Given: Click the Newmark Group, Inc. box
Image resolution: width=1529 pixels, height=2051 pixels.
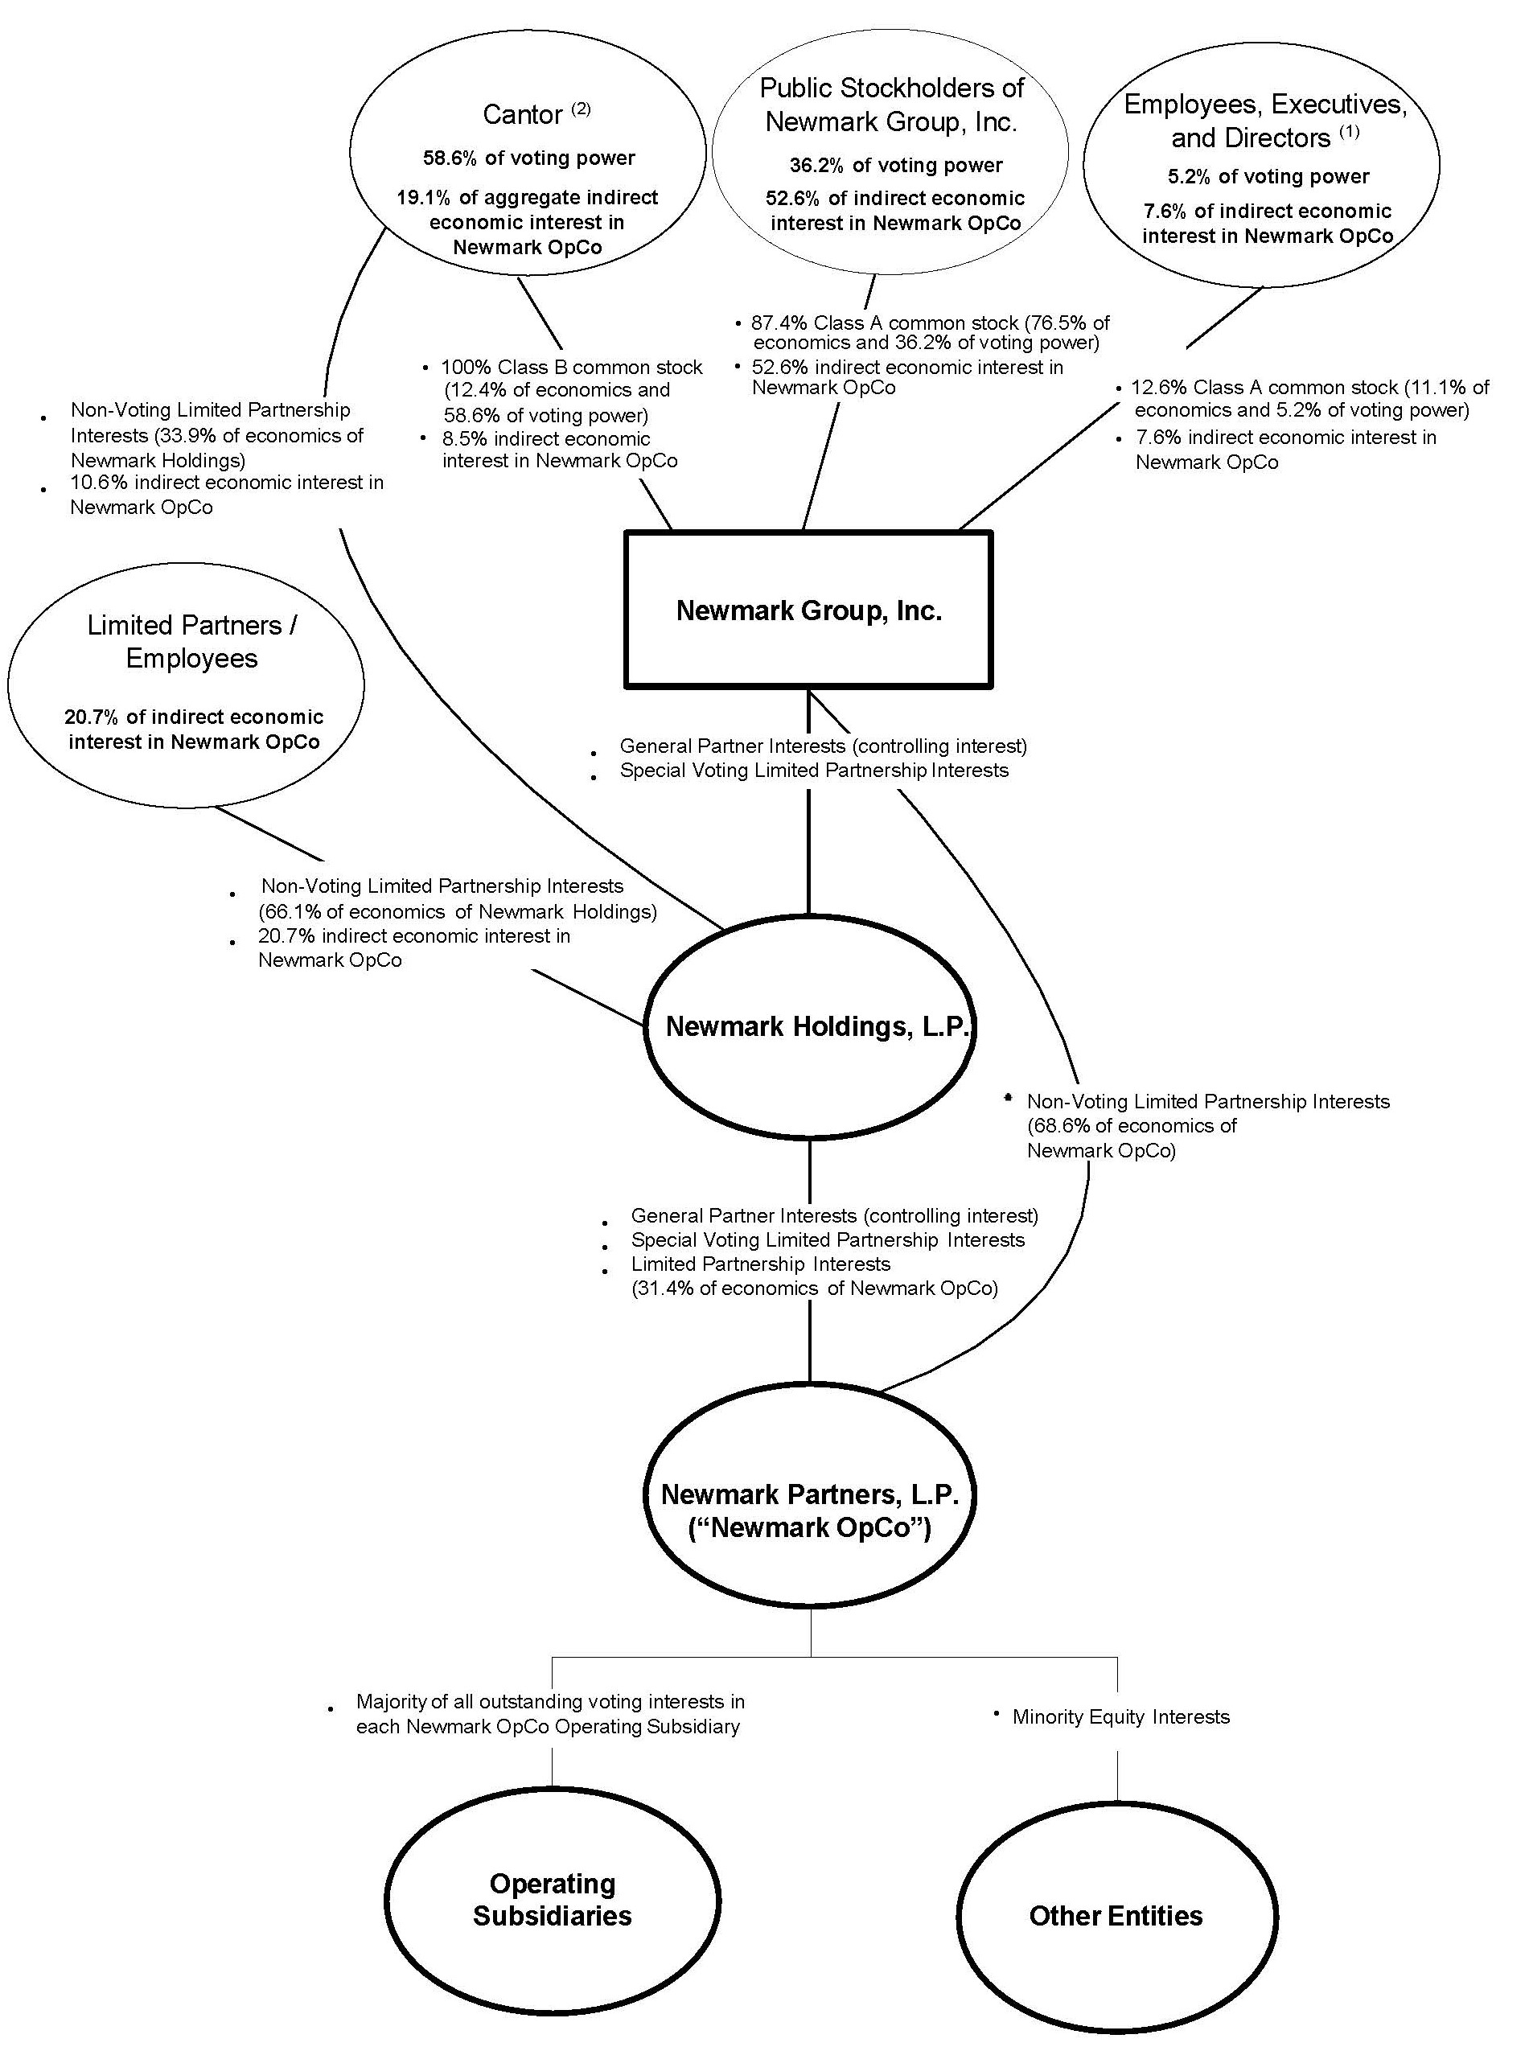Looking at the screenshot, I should point(808,610).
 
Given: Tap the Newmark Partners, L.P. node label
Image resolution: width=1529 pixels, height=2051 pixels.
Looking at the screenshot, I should point(809,1510).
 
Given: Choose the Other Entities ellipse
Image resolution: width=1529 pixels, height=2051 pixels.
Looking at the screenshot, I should point(1116,1915).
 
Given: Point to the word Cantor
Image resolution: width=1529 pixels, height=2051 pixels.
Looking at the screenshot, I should point(522,115).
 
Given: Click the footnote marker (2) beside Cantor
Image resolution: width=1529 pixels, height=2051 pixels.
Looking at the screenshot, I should point(581,109).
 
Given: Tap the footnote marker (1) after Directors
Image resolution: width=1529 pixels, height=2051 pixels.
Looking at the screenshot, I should point(1349,131).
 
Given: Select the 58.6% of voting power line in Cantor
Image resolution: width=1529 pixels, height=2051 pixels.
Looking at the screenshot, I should point(528,158).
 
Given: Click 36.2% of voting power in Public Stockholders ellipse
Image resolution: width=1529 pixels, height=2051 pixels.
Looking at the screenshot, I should point(895,166).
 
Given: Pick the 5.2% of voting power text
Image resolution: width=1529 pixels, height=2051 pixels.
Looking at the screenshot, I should point(1267,177).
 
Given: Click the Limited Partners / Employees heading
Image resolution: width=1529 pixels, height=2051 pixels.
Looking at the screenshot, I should point(191,641).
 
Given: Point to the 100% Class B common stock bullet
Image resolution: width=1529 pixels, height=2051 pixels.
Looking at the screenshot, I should point(570,368).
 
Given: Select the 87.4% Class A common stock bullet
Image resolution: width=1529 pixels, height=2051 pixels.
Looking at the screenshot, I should point(929,323).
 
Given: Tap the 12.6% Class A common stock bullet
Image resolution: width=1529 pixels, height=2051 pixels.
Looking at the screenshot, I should point(1309,388).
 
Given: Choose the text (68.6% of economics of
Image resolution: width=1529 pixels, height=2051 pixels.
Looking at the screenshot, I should point(1131,1125).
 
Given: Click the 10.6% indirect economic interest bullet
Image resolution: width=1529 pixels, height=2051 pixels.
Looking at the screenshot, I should point(226,483).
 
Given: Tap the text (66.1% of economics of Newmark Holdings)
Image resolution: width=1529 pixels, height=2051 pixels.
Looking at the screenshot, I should point(457,911).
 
